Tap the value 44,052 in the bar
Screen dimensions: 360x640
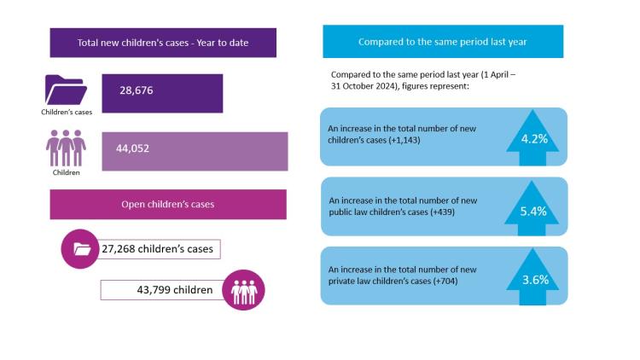click(133, 148)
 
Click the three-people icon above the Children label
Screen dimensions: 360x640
click(66, 148)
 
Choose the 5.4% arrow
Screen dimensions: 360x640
click(533, 207)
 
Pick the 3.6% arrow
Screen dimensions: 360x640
click(533, 276)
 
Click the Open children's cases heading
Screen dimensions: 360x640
click(168, 205)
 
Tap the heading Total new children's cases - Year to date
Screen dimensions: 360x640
click(163, 43)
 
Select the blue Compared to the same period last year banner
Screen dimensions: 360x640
click(443, 41)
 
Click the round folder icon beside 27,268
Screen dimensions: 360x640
click(82, 249)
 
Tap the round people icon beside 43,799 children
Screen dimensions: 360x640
click(243, 290)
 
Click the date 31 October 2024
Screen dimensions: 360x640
click(359, 87)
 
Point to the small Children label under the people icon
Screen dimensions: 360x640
click(66, 171)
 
